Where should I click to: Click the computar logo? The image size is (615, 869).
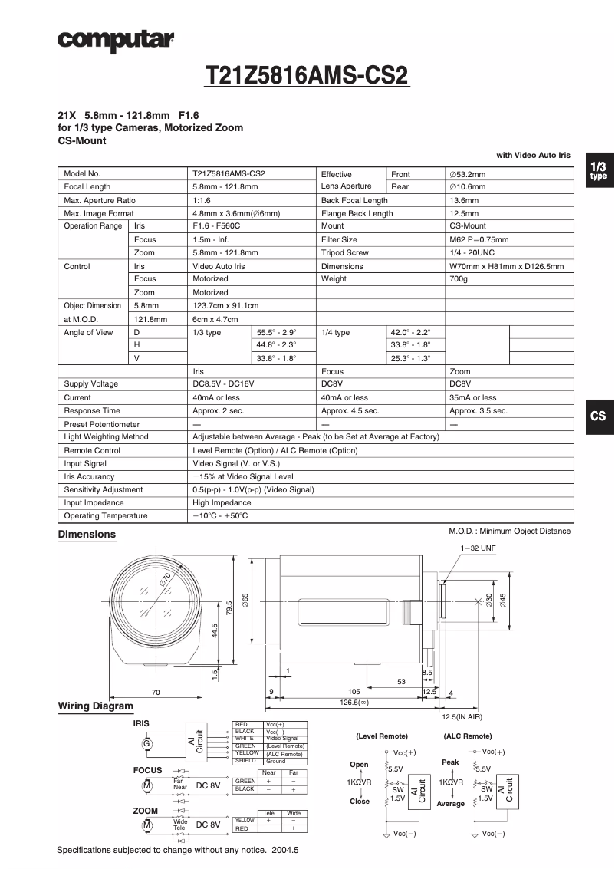coord(116,41)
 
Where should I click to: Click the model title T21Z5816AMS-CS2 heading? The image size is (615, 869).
coord(307,76)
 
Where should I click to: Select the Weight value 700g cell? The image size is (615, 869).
coord(459,279)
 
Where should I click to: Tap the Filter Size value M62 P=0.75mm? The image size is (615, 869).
coord(479,239)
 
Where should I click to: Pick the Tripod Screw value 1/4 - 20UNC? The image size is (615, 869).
coord(472,252)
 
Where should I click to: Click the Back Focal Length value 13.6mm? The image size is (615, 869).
coord(465,200)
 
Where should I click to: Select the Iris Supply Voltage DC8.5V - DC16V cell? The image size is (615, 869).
coord(223,383)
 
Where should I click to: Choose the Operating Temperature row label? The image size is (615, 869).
coord(106,515)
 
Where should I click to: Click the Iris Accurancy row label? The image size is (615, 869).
coord(89,476)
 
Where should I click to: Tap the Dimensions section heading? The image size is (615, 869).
coord(87,535)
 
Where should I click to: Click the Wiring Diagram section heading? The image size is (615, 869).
coord(96,706)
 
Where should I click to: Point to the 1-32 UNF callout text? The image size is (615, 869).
coord(479,548)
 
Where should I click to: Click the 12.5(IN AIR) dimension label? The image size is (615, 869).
coord(462,716)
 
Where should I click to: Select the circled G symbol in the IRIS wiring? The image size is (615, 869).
coord(146,743)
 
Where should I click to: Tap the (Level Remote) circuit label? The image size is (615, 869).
coord(382,736)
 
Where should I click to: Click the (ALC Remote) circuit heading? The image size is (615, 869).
coord(467,736)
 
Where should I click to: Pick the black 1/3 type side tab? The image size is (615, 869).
coord(598,170)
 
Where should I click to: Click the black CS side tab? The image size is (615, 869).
coord(598,416)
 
